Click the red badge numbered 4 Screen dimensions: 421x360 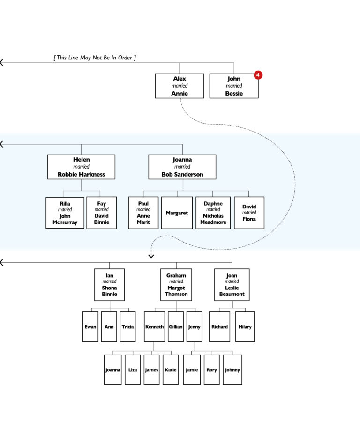[258, 75]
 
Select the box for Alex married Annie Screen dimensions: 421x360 [180, 86]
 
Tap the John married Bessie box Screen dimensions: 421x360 [233, 86]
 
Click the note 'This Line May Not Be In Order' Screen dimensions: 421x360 [95, 58]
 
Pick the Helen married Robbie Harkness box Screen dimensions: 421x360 [81, 167]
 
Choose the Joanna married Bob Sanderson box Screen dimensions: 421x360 [182, 167]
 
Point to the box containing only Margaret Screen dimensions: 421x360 [177, 213]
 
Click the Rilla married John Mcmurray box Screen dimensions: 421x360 [65, 213]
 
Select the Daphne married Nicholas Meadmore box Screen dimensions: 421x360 [213, 213]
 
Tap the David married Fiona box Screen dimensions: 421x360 [249, 213]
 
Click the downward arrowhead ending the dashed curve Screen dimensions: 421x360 [151, 256]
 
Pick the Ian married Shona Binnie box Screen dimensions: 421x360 [110, 285]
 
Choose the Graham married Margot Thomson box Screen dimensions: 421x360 [176, 285]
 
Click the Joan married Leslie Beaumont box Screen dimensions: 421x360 [232, 285]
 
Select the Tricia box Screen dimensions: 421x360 [127, 326]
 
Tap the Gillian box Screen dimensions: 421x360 [176, 326]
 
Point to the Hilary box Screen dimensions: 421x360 [245, 326]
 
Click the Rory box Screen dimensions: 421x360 [211, 369]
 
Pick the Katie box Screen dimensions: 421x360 [171, 369]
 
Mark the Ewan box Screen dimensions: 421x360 [90, 326]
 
